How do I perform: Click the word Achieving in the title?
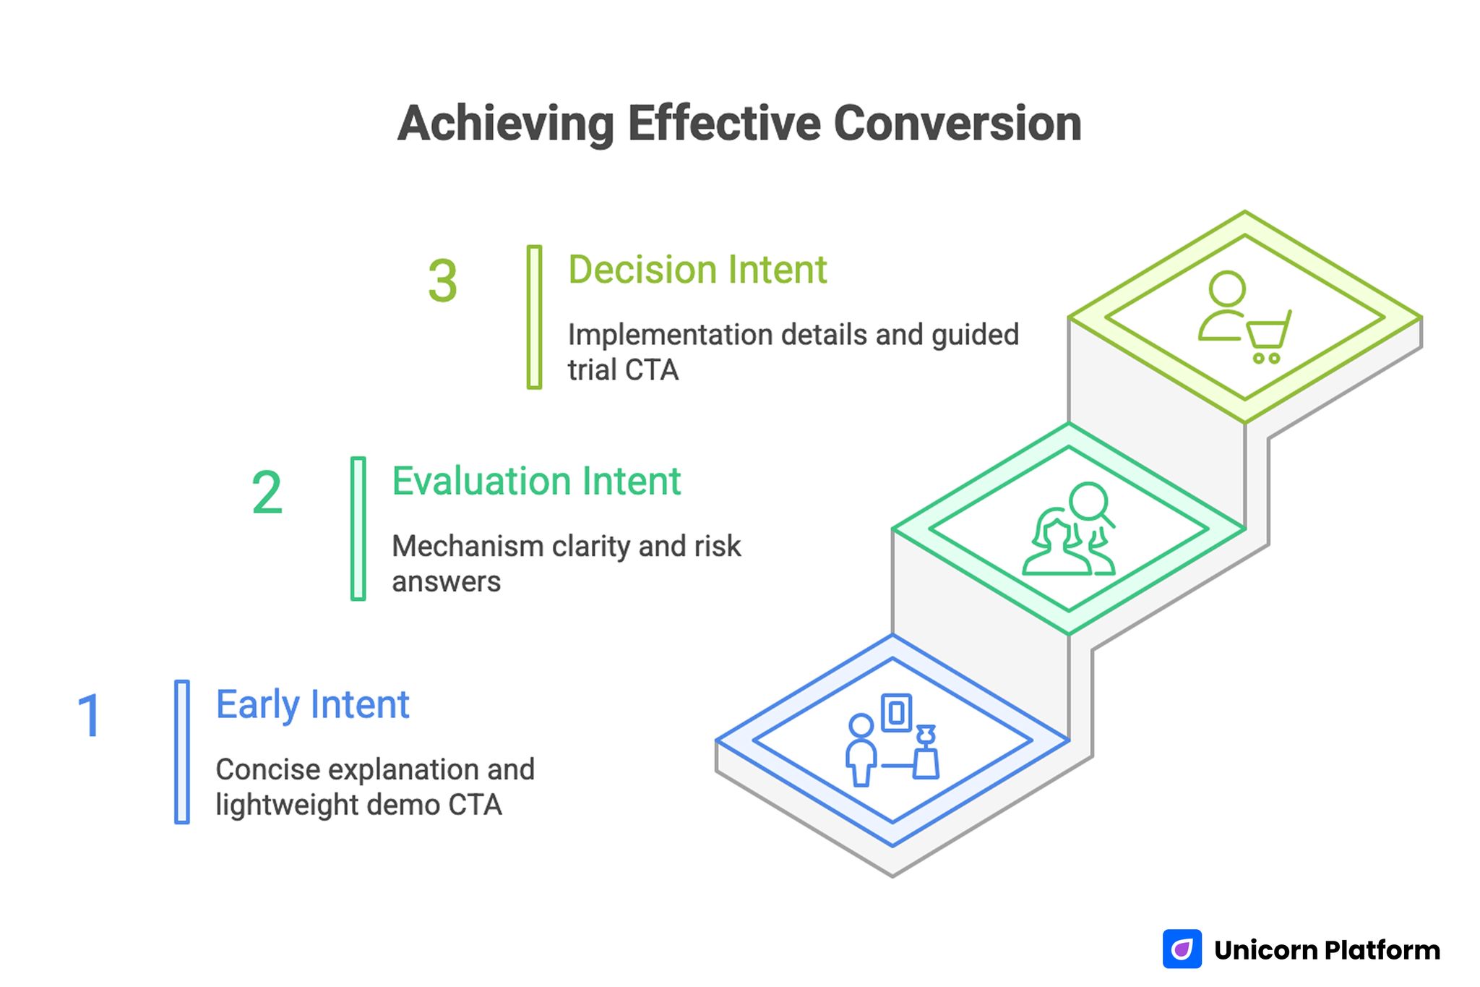point(505,124)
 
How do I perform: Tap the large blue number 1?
point(90,716)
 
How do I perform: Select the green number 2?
point(267,493)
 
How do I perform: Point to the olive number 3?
point(442,281)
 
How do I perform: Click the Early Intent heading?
point(312,705)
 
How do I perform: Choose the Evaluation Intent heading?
point(535,482)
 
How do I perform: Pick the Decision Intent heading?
point(697,270)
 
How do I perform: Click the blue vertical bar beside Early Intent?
point(182,751)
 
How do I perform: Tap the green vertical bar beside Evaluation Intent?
point(358,529)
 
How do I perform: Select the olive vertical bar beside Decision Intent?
point(534,317)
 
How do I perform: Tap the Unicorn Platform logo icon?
point(1182,949)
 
